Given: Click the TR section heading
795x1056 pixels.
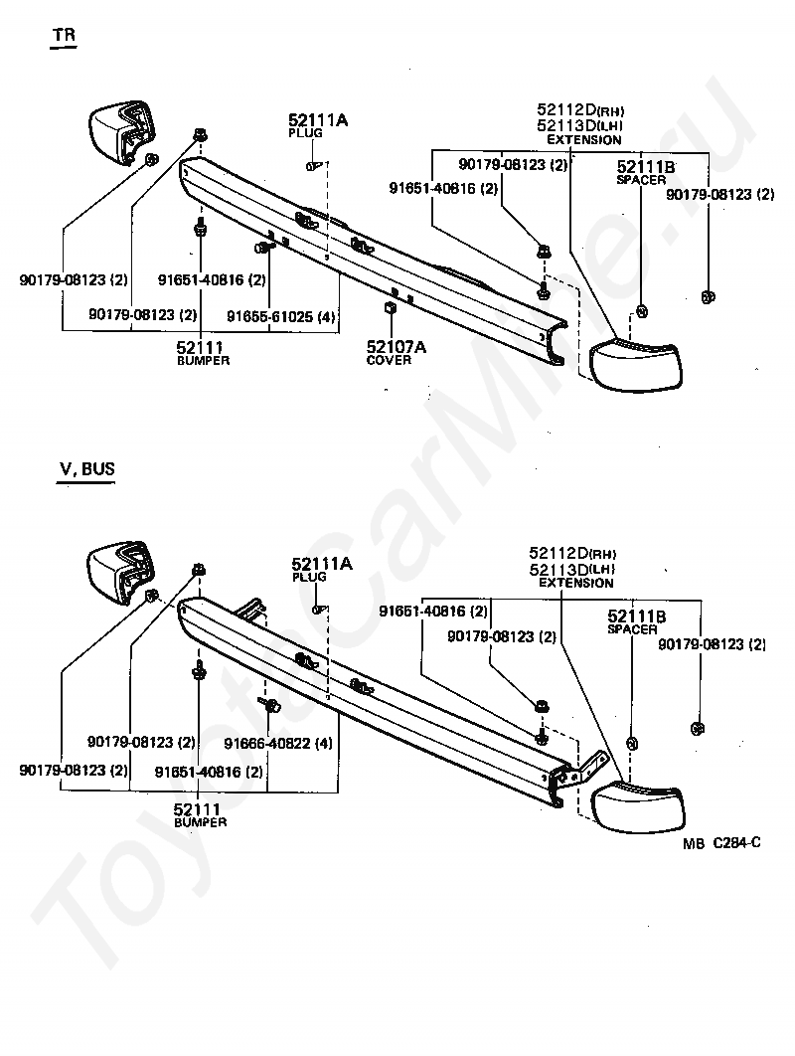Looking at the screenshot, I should [x=64, y=35].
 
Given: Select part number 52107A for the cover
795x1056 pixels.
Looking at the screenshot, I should [x=396, y=346].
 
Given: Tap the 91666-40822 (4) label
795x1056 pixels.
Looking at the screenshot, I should [x=277, y=743].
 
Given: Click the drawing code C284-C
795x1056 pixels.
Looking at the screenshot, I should [x=736, y=843].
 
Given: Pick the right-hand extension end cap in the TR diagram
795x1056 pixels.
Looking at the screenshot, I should [x=637, y=363].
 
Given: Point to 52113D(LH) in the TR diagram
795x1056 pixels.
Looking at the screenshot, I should [x=579, y=126].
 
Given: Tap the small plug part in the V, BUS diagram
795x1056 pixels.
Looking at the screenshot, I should [x=317, y=610].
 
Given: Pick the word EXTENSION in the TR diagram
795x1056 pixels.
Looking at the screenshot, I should [x=584, y=140].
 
